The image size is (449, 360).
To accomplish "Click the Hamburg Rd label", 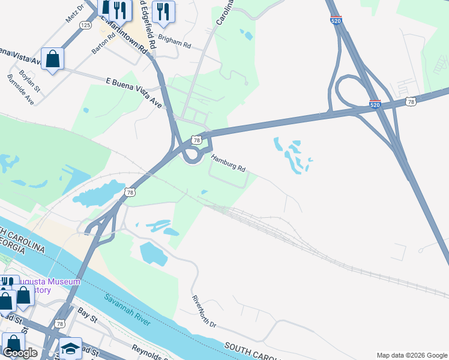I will tap(228, 163).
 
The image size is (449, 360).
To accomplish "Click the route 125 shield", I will tap(86, 25).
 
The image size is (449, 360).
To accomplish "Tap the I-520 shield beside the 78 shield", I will tap(375, 104).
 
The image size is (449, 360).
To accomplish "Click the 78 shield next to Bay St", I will tap(59, 323).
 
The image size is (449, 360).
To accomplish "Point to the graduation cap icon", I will tap(70, 349).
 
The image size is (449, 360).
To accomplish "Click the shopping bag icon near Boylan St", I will tap(53, 59).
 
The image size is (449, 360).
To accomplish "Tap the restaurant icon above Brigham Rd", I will tap(163, 11).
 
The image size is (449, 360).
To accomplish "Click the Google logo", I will tap(20, 353).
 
